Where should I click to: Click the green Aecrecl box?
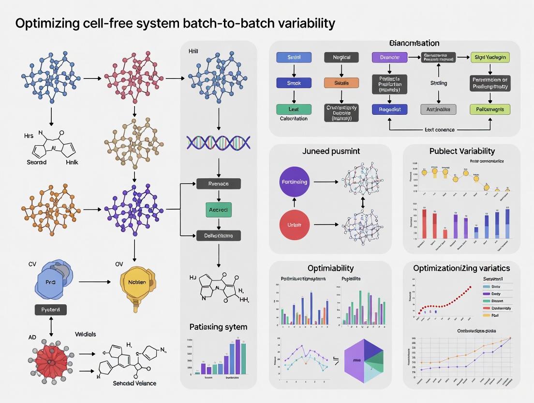pyautogui.click(x=219, y=210)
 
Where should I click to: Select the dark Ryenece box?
pyautogui.click(x=219, y=184)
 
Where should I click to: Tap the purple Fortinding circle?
pyautogui.click(x=294, y=182)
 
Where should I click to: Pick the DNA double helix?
pyautogui.click(x=219, y=142)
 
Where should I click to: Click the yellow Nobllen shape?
pyautogui.click(x=137, y=282)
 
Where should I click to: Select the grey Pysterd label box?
pyautogui.click(x=51, y=310)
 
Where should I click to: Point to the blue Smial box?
pyautogui.click(x=294, y=57)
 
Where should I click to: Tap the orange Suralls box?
pyautogui.click(x=341, y=83)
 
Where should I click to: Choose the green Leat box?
pyautogui.click(x=294, y=109)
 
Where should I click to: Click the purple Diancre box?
pyautogui.click(x=389, y=57)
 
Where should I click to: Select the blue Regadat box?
pyautogui.click(x=389, y=109)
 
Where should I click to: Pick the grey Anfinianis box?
pyautogui.click(x=439, y=109)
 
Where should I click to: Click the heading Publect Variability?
pyautogui.click(x=462, y=151)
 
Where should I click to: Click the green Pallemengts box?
pyautogui.click(x=490, y=109)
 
